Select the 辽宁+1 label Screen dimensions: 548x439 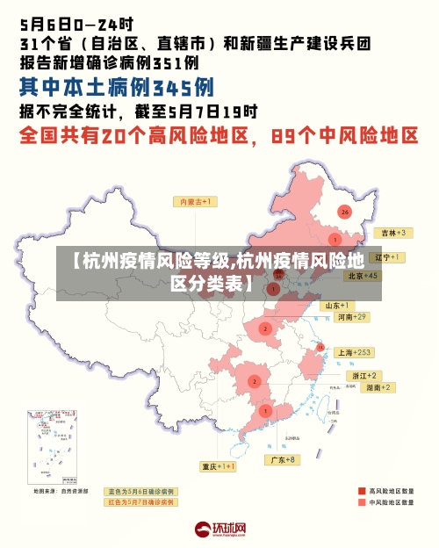[387, 257]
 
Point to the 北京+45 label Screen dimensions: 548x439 [362, 275]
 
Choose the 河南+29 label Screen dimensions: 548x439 [352, 316]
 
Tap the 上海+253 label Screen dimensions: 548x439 [355, 351]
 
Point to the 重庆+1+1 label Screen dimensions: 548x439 [219, 466]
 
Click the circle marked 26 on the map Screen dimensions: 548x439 [345, 212]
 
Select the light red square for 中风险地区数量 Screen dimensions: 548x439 [361, 503]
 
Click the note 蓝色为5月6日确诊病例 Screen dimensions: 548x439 [140, 491]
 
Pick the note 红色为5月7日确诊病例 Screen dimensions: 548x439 [140, 502]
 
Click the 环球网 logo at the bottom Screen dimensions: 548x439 [219, 529]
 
